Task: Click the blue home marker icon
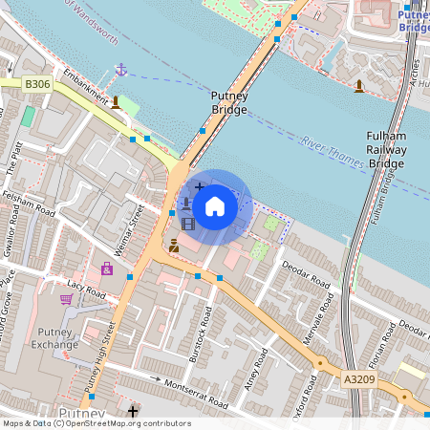(x=215, y=205)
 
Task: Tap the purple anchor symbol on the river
(x=121, y=70)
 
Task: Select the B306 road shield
(x=37, y=84)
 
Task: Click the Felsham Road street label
(x=31, y=196)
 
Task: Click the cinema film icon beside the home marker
(x=187, y=225)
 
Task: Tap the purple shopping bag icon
(x=106, y=269)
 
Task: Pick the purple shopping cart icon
(x=66, y=299)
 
